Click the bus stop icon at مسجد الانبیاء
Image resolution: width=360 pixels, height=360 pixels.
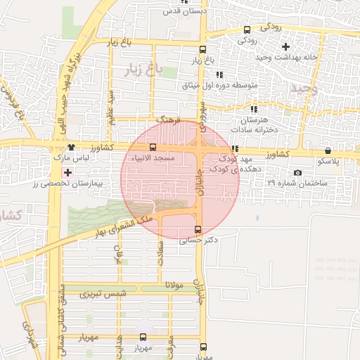(153, 146)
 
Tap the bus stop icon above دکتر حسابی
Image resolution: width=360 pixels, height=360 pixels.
(197, 229)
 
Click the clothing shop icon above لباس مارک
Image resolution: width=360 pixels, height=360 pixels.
(72, 147)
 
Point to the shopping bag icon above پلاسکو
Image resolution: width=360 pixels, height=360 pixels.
(328, 150)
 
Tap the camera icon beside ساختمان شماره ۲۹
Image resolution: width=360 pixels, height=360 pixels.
(297, 173)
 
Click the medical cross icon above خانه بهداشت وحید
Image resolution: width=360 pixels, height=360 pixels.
(285, 46)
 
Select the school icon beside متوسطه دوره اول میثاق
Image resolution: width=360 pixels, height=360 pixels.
(219, 74)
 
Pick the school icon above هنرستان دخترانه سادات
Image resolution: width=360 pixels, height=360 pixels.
(253, 109)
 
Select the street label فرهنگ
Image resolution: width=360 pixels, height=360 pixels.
(169, 120)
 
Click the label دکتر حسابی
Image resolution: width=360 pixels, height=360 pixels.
(198, 240)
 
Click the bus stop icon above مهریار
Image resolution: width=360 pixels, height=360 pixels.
(143, 337)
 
